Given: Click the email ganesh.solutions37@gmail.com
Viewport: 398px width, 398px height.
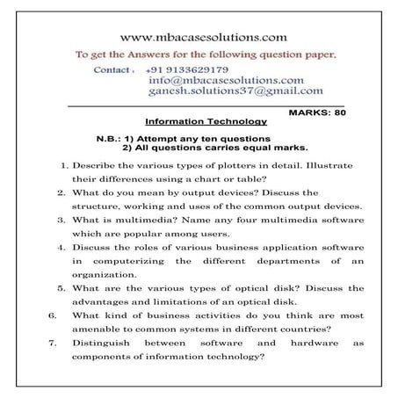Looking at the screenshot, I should pyautogui.click(x=235, y=90).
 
